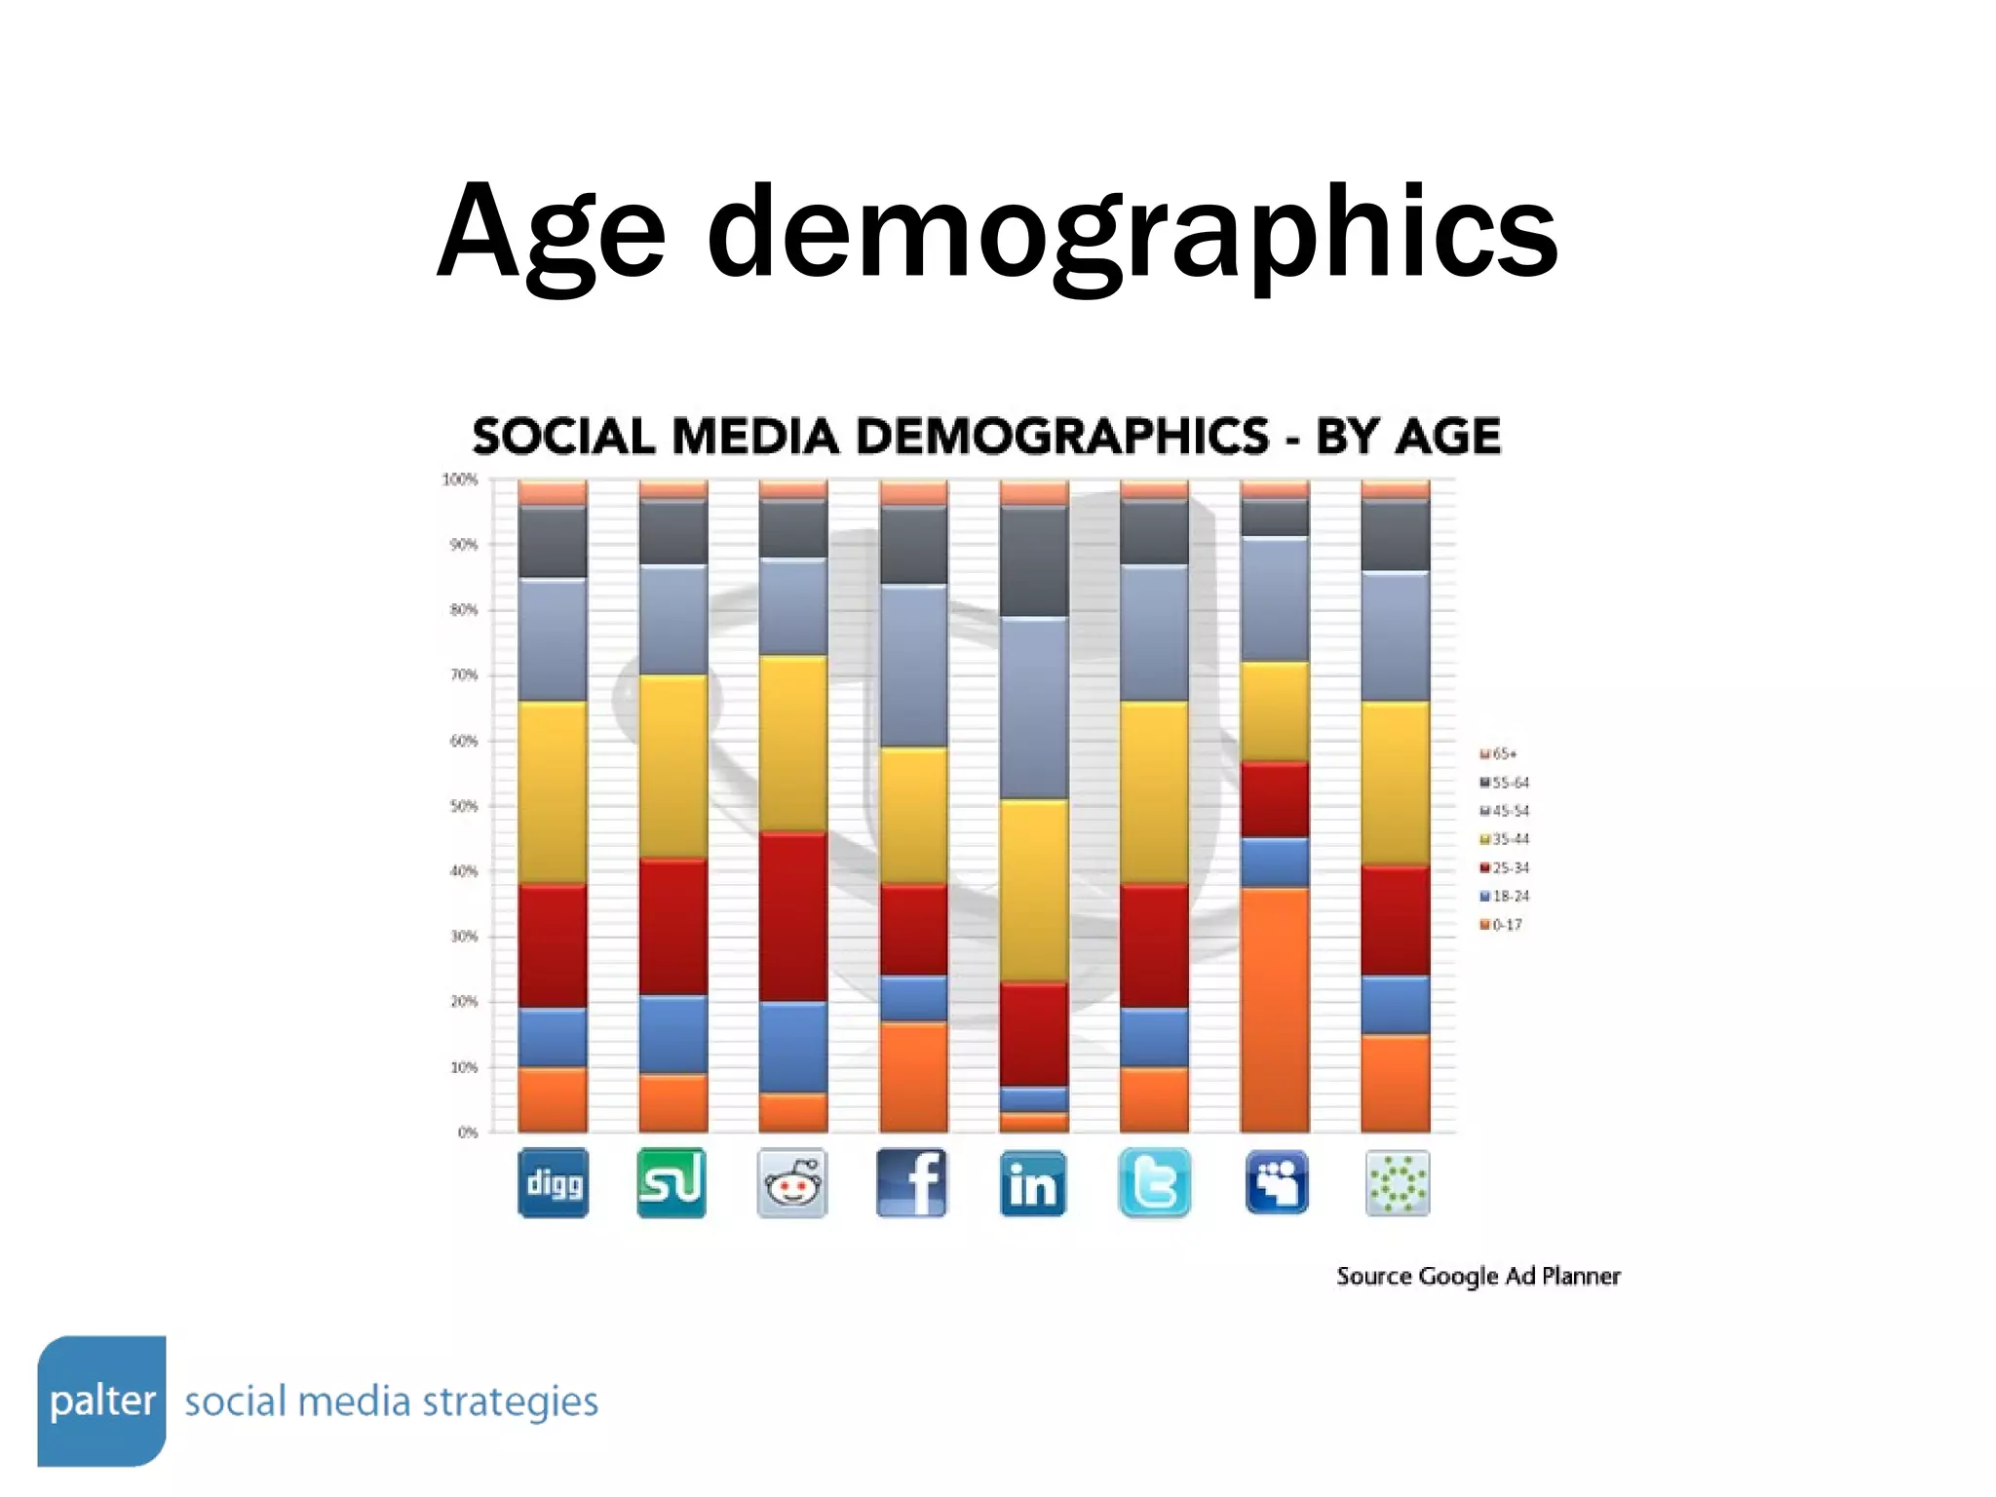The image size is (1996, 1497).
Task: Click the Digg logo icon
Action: pyautogui.click(x=553, y=1182)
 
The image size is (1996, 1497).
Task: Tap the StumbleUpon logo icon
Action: pyautogui.click(x=672, y=1182)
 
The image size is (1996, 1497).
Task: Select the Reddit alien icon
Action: pyautogui.click(x=791, y=1182)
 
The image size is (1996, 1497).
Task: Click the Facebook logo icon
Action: pyautogui.click(x=912, y=1182)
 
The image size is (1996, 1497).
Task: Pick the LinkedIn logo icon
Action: pyautogui.click(x=1033, y=1183)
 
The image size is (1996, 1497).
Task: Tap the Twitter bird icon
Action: pyautogui.click(x=1154, y=1182)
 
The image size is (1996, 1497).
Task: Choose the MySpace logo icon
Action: pyautogui.click(x=1277, y=1182)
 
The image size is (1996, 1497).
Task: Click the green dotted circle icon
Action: pyautogui.click(x=1398, y=1182)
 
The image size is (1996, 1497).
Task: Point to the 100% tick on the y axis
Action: pyautogui.click(x=460, y=480)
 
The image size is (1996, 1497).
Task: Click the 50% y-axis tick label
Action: pyautogui.click(x=463, y=806)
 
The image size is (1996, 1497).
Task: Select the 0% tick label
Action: pyautogui.click(x=468, y=1132)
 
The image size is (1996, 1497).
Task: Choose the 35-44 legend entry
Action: pyautogui.click(x=1505, y=839)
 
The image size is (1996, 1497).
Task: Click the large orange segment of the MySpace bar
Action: pyautogui.click(x=1275, y=1009)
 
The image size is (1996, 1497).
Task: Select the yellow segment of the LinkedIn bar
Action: pyautogui.click(x=1034, y=890)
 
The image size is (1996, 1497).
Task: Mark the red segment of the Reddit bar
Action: pyautogui.click(x=793, y=916)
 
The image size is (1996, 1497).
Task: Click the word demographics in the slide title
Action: pyautogui.click(x=1131, y=234)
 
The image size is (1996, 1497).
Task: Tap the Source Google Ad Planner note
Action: pyautogui.click(x=1478, y=1276)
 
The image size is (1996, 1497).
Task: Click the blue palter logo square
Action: pyautogui.click(x=101, y=1401)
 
